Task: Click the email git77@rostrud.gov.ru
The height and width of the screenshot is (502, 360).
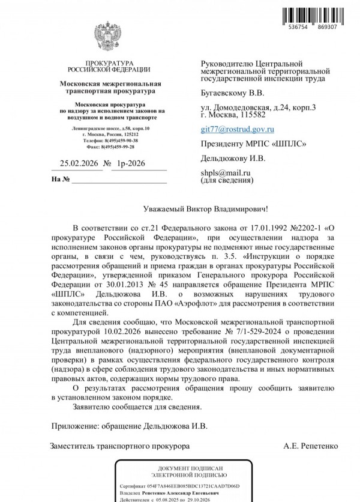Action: tap(237, 129)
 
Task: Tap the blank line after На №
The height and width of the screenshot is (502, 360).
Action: tap(120, 180)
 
